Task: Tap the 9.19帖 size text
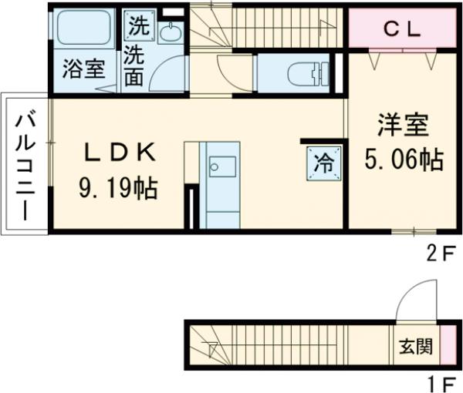click(x=117, y=187)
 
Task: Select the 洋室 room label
click(x=403, y=126)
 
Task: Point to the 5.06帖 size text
click(x=403, y=159)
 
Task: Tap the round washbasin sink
click(x=170, y=31)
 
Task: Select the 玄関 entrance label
click(x=415, y=346)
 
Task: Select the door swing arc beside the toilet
click(x=231, y=73)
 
